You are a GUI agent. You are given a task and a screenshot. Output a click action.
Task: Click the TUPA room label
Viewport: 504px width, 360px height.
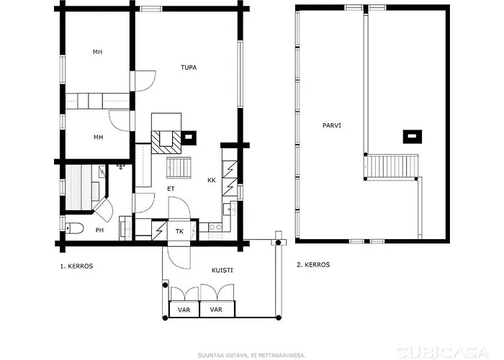[189, 67]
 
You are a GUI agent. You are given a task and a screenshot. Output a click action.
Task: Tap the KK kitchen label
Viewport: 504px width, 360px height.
[212, 180]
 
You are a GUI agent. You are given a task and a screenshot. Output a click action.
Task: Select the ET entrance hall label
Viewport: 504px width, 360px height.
[171, 189]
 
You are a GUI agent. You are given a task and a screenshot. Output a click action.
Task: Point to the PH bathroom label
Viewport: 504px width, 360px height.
[99, 230]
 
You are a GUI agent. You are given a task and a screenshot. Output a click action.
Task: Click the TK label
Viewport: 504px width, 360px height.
[179, 231]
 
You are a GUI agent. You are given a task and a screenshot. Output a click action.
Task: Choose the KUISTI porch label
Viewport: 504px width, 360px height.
[222, 270]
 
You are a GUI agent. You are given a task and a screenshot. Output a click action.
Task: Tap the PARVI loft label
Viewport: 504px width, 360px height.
[331, 125]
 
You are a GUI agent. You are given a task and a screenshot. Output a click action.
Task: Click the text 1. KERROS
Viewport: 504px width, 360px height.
[76, 266]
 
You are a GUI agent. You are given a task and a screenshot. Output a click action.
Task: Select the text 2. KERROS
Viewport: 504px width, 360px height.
[313, 265]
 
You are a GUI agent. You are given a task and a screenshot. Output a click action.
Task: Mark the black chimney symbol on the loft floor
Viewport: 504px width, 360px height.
[410, 135]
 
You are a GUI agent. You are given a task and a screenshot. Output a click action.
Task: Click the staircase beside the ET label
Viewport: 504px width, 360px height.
[179, 168]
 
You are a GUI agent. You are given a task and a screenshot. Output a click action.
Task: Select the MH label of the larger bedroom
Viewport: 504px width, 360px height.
[98, 52]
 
